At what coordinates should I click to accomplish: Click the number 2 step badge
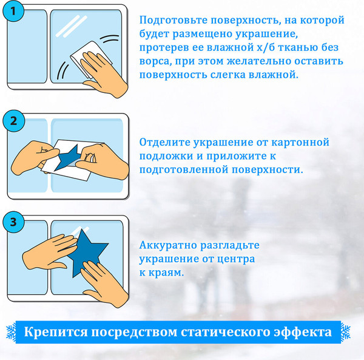point(14,120)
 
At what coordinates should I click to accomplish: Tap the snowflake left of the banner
point(11,332)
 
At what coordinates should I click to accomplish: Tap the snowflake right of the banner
point(345,332)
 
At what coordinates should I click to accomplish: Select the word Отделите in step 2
point(163,143)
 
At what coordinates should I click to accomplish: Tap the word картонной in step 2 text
point(300,143)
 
